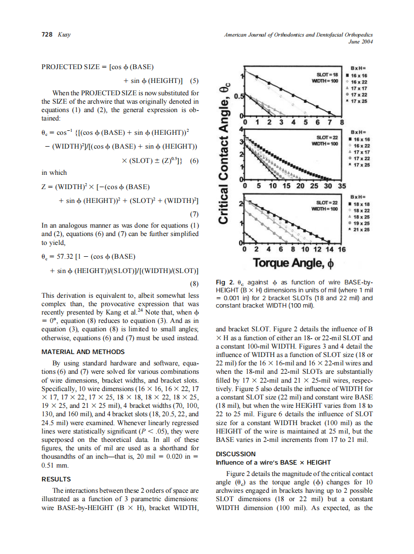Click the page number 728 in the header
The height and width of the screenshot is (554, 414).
click(x=47, y=35)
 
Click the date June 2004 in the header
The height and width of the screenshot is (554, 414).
click(x=360, y=42)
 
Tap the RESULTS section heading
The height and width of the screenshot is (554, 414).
click(x=56, y=479)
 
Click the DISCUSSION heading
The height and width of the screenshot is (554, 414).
click(x=236, y=453)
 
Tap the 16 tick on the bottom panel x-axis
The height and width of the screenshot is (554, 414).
click(x=340, y=250)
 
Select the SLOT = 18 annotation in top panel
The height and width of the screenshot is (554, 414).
click(x=327, y=74)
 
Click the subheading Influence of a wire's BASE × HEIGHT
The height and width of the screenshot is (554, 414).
click(x=273, y=462)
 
